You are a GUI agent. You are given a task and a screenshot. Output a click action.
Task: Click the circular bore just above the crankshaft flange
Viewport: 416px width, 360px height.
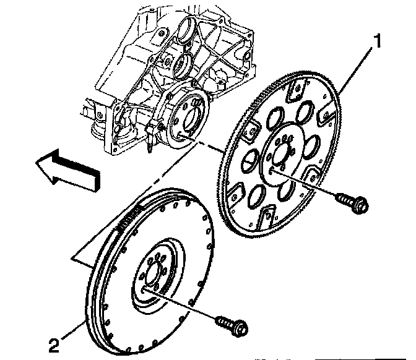tap(181, 64)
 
